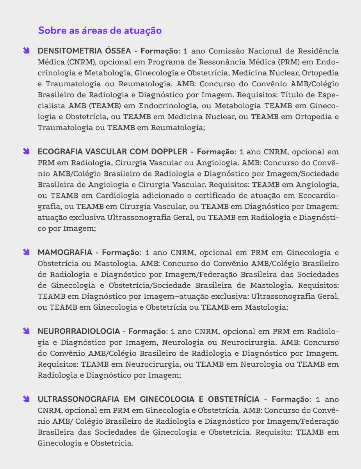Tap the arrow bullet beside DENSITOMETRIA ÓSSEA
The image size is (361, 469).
(26, 51)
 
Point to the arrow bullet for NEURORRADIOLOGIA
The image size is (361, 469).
(26, 332)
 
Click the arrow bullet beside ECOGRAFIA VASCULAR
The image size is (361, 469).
(26, 151)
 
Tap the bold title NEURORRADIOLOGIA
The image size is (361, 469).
(78, 332)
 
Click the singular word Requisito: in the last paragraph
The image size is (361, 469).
(276, 433)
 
